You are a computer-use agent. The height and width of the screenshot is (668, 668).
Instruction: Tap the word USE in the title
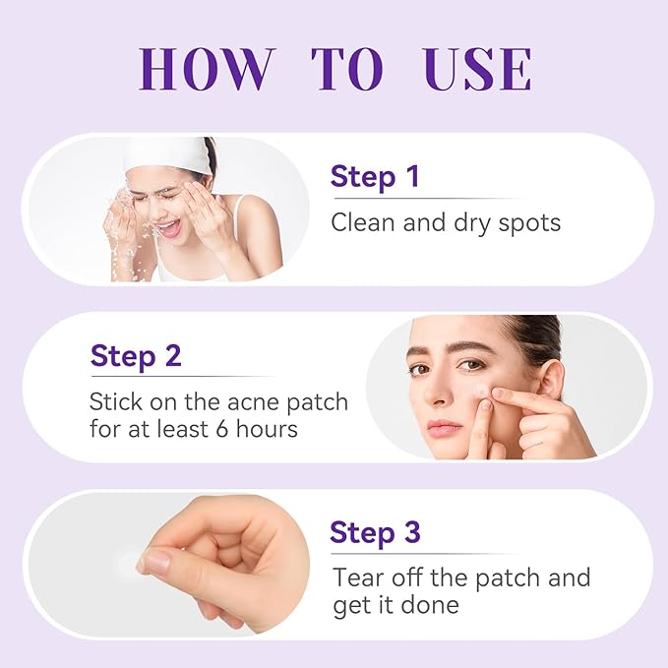478,68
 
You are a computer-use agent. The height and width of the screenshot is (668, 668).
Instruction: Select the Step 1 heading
375,177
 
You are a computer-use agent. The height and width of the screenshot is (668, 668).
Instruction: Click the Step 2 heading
136,355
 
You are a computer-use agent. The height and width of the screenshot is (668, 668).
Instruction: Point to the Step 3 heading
375,532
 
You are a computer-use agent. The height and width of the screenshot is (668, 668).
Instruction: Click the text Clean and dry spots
446,222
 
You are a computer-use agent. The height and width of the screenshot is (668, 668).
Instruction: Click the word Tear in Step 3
360,577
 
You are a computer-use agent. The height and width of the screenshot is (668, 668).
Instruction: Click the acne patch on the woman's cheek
482,392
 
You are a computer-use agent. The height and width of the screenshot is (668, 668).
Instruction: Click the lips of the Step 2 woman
444,427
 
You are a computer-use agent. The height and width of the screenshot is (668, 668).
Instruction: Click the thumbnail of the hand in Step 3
154,561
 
